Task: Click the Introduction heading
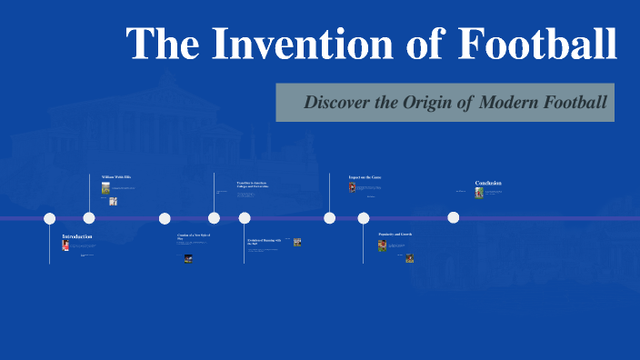(76, 236)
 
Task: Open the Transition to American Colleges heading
(254, 185)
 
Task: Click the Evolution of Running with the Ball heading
(265, 242)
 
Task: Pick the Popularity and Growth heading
(395, 235)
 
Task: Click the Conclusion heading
(488, 183)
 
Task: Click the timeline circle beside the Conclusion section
(454, 218)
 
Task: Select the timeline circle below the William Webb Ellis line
(89, 218)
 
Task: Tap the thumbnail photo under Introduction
(65, 245)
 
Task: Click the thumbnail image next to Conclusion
(479, 193)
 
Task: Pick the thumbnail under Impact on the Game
(352, 187)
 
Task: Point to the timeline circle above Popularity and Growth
(364, 218)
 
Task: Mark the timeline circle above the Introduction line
(50, 218)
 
